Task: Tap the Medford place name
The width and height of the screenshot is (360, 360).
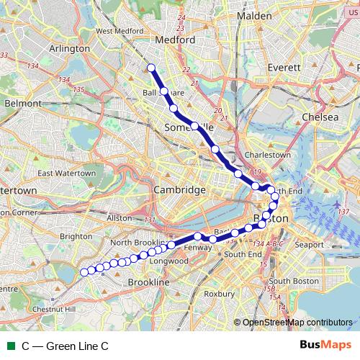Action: click(176, 40)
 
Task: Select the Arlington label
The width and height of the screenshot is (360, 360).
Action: click(69, 48)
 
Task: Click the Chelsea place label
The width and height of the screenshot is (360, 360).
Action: click(320, 117)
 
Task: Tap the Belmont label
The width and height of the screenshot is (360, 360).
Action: click(23, 103)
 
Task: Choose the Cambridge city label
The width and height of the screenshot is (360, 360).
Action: click(179, 189)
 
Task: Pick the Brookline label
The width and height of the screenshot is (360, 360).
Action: click(148, 283)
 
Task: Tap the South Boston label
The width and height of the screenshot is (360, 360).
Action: click(289, 281)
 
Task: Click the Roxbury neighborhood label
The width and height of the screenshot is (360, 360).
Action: click(220, 294)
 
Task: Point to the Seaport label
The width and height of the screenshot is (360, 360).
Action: click(309, 245)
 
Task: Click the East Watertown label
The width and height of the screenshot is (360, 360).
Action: click(66, 174)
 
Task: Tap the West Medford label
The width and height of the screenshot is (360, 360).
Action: click(117, 31)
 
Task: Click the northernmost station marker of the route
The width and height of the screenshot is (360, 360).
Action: click(152, 68)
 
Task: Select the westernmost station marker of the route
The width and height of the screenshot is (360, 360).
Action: click(84, 271)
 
